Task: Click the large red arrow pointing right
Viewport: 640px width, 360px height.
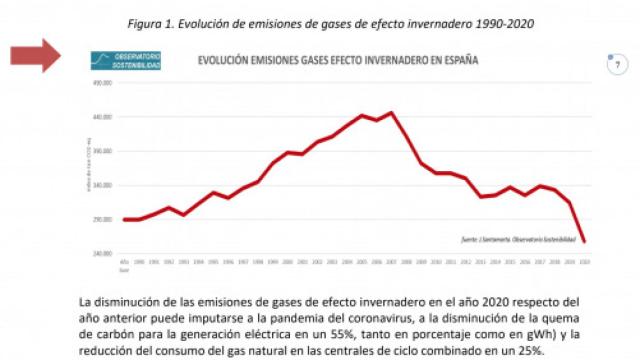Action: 39,57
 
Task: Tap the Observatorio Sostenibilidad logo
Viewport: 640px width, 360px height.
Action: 126,60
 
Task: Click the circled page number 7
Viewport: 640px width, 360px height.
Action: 617,65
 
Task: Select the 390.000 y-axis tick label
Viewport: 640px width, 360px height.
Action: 104,152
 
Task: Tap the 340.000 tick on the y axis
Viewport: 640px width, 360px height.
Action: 104,186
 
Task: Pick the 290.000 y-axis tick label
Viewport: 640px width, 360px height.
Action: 104,219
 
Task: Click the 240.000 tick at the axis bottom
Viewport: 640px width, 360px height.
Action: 104,253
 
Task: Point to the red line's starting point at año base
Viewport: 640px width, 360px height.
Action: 124,219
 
